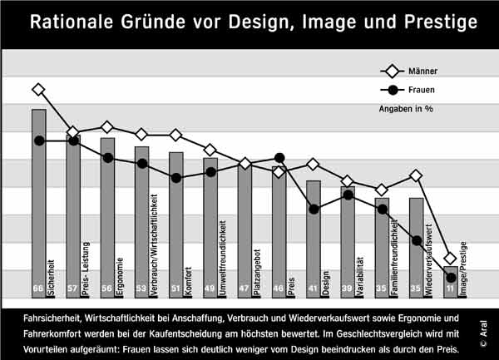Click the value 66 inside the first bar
click(37, 288)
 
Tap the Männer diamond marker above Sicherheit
click(38, 89)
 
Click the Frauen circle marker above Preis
click(279, 158)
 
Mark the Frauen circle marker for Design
click(314, 209)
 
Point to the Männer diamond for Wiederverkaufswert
click(416, 175)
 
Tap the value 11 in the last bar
click(450, 289)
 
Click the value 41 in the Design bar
click(313, 288)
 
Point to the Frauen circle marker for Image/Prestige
click(450, 278)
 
